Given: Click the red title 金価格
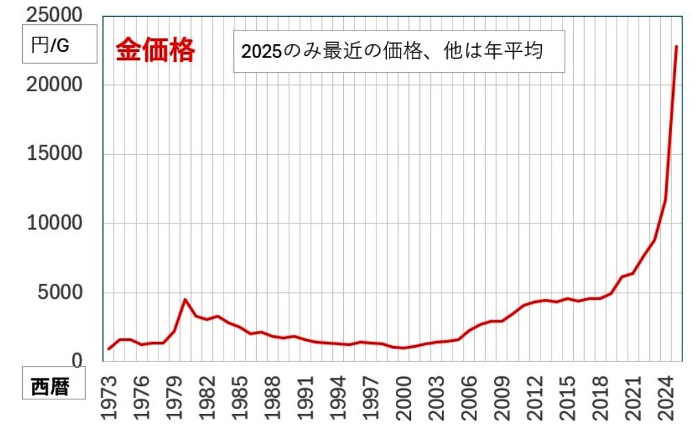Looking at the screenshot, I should pos(155,51).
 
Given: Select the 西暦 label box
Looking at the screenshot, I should pos(50,387).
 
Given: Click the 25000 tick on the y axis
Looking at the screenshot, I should pos(53,15).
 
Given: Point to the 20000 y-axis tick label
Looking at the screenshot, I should pos(53,85).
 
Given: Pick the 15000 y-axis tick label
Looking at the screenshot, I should pos(53,154).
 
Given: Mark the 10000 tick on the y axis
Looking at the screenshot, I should pos(53,223).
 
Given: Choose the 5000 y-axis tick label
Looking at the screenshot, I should pos(62,293).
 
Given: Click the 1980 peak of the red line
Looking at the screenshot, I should pos(185,300).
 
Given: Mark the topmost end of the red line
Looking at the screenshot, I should pos(676,46).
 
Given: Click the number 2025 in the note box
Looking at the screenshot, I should pos(259,52).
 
